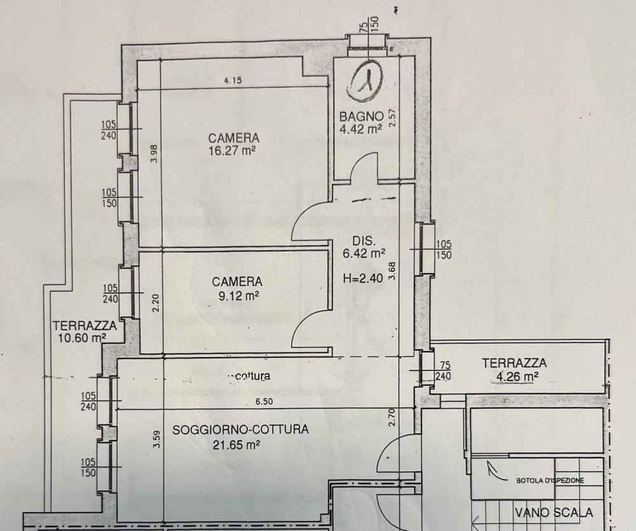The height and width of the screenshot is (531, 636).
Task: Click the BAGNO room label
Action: [361, 117]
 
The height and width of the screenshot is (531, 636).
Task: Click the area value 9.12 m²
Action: [237, 295]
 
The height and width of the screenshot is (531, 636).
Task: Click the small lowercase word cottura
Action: [249, 376]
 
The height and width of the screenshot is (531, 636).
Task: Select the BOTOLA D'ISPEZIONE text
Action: [550, 481]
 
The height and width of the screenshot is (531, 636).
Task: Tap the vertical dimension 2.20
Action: [155, 301]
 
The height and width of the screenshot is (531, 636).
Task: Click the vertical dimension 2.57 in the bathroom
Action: [392, 119]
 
